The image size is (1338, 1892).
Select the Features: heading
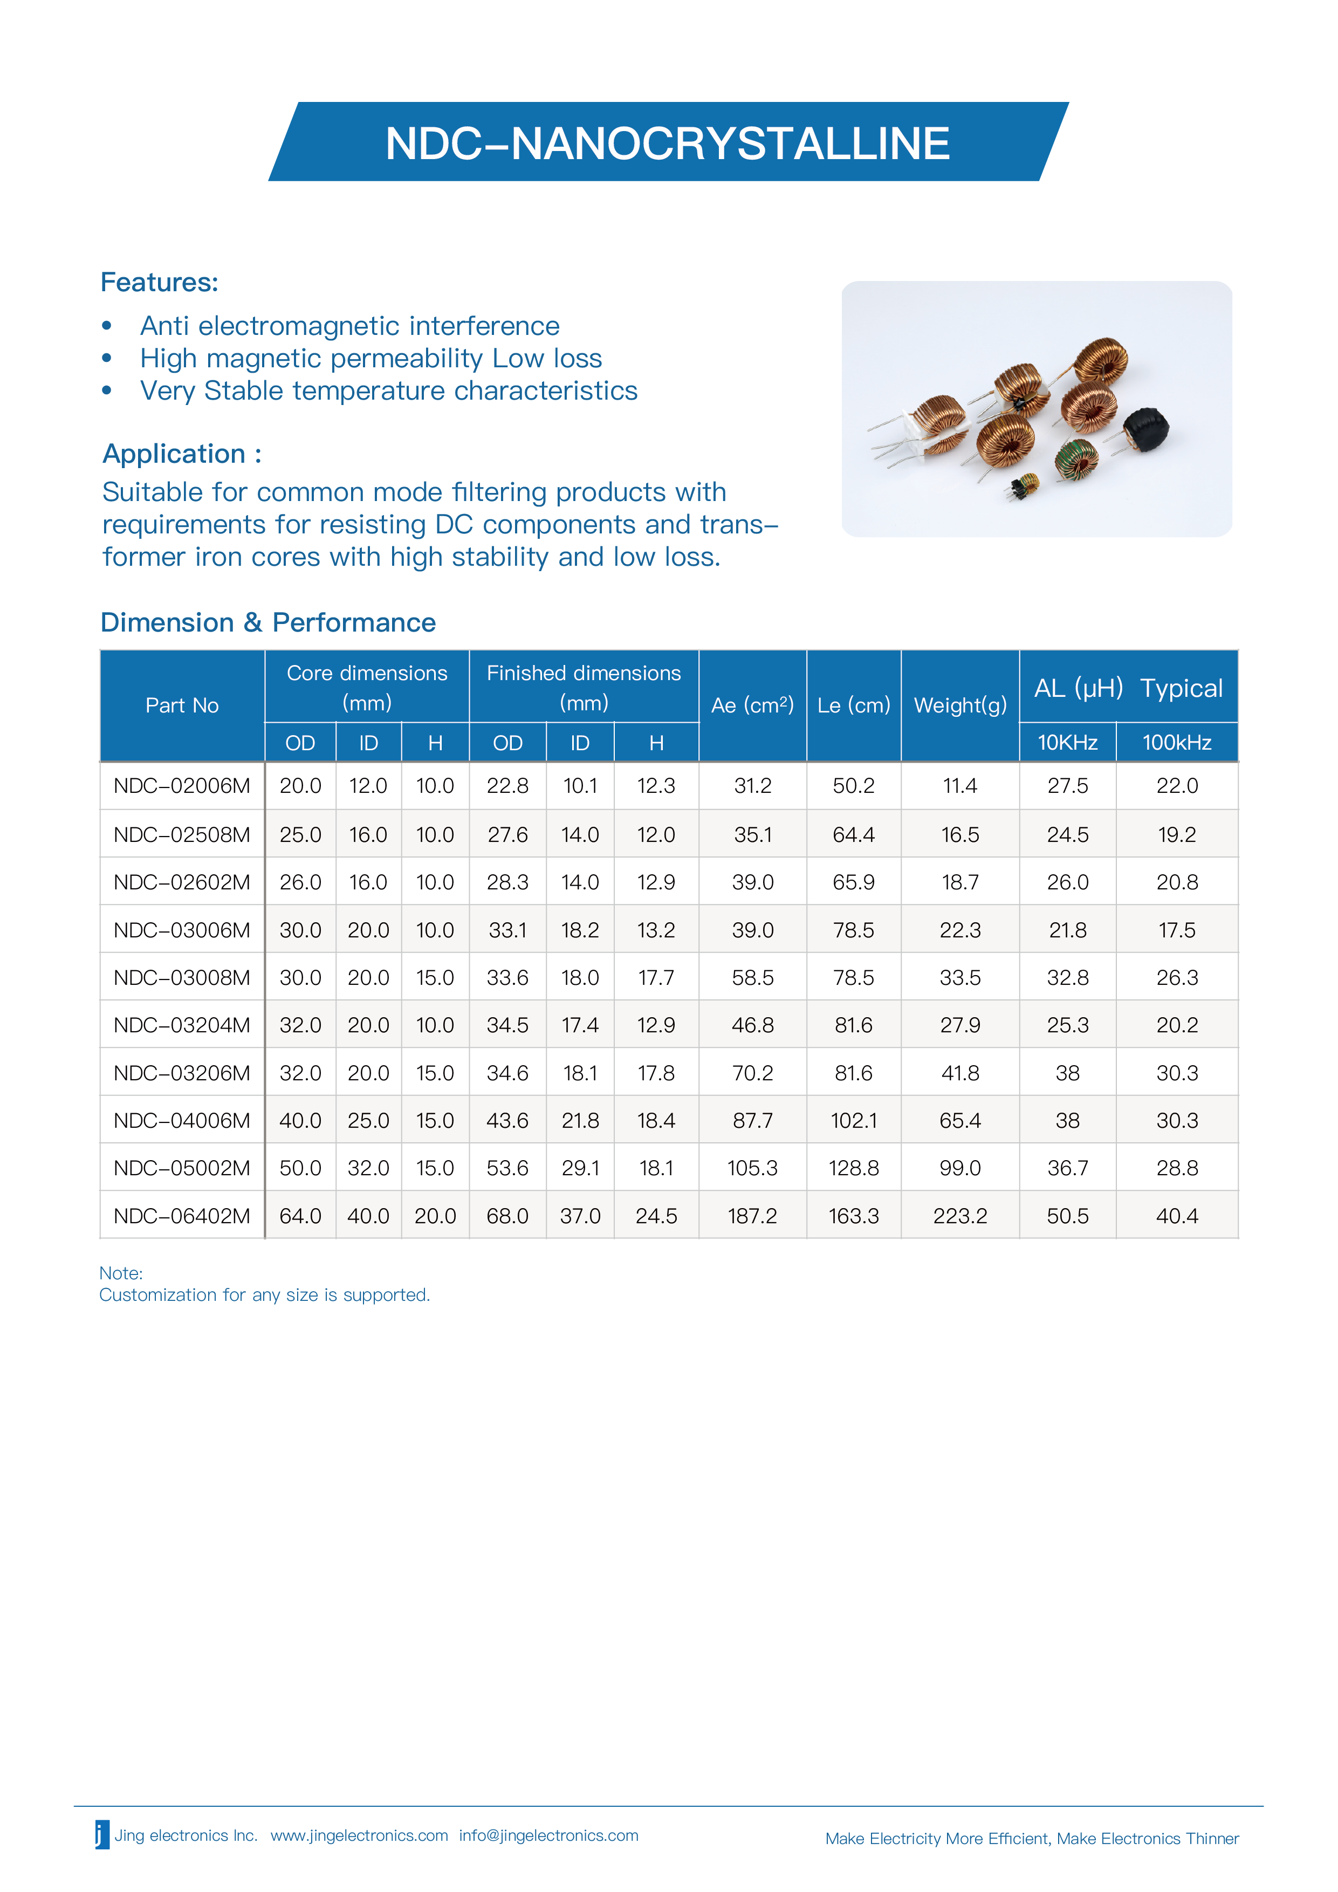click(159, 283)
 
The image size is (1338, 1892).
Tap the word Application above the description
click(174, 454)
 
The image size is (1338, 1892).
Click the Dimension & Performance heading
click(268, 623)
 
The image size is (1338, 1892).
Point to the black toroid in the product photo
click(1146, 430)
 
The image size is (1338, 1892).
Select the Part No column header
click(182, 705)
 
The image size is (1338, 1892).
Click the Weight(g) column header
click(960, 705)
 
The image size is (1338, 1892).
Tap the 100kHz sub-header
click(1177, 743)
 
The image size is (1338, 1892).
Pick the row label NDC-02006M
click(182, 786)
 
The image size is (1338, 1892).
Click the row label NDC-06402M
click(182, 1216)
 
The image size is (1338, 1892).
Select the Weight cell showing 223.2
click(960, 1216)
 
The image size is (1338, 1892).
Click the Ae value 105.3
click(752, 1169)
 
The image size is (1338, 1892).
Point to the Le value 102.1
click(854, 1121)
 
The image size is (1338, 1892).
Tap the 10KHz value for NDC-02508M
click(1068, 835)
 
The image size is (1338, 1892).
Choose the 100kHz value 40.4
click(1177, 1216)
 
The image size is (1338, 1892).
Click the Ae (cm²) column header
click(752, 705)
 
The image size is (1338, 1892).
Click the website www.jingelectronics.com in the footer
click(359, 1835)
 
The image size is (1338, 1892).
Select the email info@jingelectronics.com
click(548, 1835)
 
